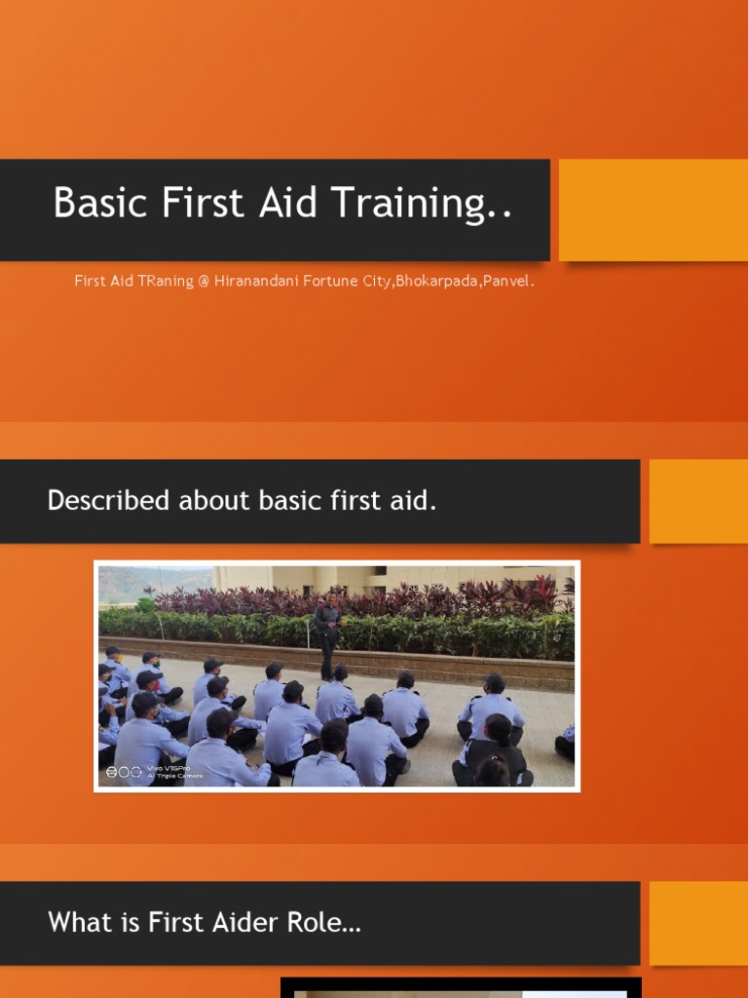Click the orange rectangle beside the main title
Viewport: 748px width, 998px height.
coord(653,210)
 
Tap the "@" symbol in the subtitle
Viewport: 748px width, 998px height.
coord(204,282)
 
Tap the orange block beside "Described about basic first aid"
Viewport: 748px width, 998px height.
coord(697,501)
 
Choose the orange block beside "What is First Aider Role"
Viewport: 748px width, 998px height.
coord(697,923)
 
